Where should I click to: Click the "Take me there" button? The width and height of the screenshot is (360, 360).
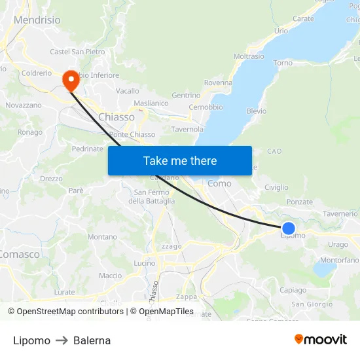point(180,160)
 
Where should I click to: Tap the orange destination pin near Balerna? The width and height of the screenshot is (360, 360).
point(70,80)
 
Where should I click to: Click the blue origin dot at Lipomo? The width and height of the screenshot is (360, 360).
point(288,228)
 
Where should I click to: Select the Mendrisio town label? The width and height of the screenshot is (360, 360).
point(37,20)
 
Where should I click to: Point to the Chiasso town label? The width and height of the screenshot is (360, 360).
point(117,117)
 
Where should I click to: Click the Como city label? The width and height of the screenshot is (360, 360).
point(219,184)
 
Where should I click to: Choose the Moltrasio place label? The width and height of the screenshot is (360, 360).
point(249,56)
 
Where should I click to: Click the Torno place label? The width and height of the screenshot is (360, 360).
point(283,63)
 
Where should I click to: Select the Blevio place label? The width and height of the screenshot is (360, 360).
point(257,111)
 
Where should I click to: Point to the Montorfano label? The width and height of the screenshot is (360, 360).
point(340,260)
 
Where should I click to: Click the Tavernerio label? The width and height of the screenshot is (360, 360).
point(341,213)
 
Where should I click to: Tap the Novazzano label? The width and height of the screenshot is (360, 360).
point(24,105)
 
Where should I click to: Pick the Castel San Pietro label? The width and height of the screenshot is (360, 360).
point(77,52)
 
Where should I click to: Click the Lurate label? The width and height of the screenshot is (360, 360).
point(64,292)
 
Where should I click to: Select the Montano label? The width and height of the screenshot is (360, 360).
point(102,237)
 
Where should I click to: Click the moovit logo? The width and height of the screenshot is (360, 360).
point(320,340)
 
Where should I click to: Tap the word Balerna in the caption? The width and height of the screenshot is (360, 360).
point(92,340)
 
